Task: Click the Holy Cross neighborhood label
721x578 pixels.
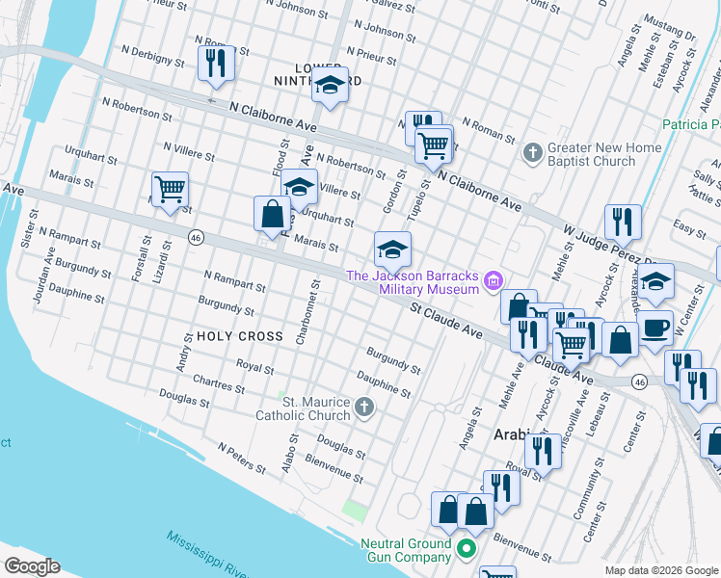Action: (x=239, y=336)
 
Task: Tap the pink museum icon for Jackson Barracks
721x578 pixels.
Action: (x=494, y=280)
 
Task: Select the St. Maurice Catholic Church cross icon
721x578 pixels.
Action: (x=363, y=407)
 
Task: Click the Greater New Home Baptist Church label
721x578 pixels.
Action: (x=604, y=154)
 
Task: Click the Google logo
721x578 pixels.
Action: (x=32, y=566)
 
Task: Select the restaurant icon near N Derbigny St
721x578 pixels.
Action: (x=215, y=64)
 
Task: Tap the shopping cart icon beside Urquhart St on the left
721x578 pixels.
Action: (x=170, y=189)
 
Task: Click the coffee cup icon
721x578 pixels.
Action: (x=655, y=327)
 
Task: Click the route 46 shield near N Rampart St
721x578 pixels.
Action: (x=196, y=238)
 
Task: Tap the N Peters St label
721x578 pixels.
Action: (x=242, y=459)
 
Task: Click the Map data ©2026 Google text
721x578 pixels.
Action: (x=661, y=570)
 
